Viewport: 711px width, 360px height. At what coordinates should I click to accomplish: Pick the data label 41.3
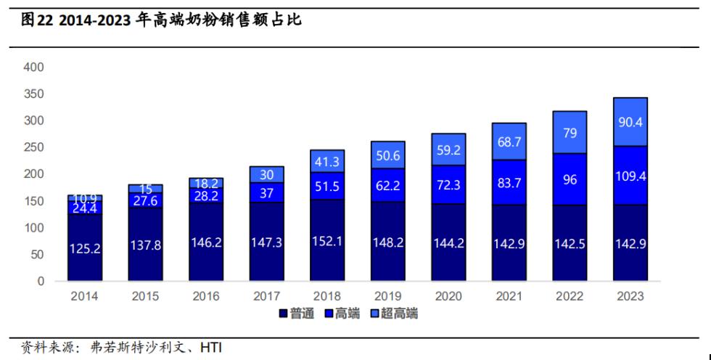327,162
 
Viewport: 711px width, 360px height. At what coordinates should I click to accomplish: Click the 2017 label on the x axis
267,296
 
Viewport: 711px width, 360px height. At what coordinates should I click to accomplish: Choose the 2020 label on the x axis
448,296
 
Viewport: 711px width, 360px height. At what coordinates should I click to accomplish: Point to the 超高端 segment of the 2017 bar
267,174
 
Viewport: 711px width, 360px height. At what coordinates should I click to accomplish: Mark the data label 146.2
206,243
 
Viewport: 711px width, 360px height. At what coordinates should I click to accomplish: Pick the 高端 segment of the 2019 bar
388,185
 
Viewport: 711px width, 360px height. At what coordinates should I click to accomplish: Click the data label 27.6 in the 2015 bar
146,200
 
